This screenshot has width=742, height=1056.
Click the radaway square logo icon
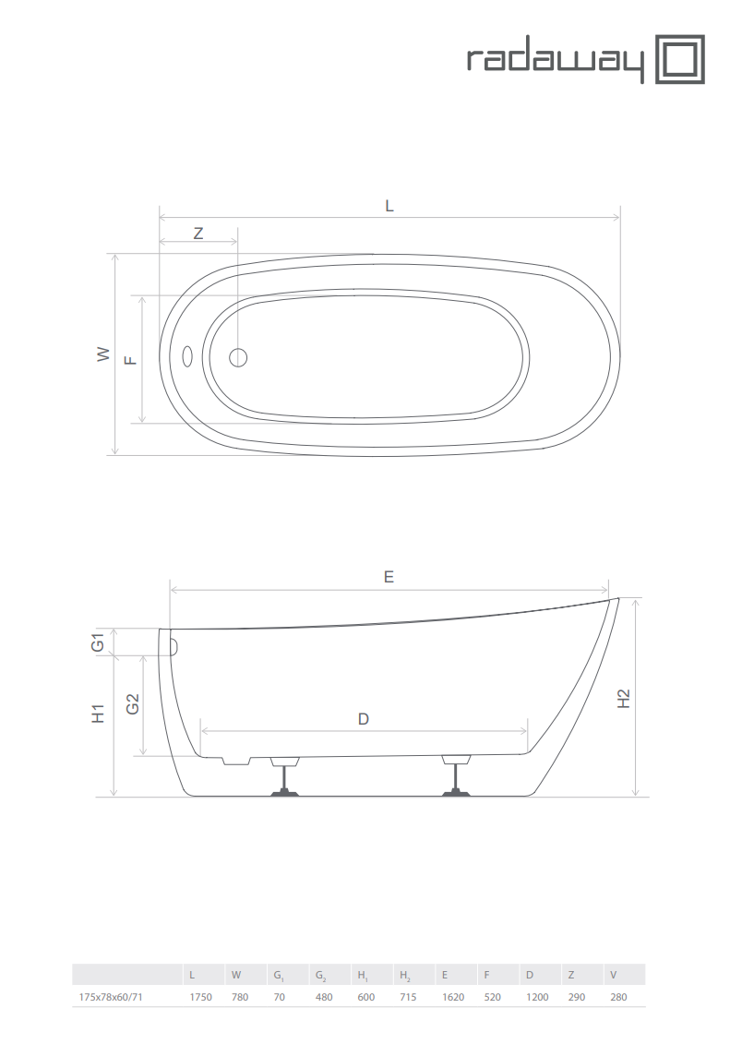(x=680, y=60)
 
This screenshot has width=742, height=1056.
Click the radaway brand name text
(x=556, y=64)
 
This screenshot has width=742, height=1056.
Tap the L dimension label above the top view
(x=389, y=206)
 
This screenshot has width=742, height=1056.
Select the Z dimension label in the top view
(x=197, y=234)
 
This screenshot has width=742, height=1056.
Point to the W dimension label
(x=103, y=354)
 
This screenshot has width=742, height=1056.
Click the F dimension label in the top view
(x=131, y=360)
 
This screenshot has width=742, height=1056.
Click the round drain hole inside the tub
(x=238, y=357)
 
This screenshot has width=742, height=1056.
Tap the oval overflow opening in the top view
(x=187, y=357)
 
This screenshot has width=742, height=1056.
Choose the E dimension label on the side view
(x=389, y=577)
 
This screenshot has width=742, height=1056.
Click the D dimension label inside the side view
(x=363, y=719)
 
